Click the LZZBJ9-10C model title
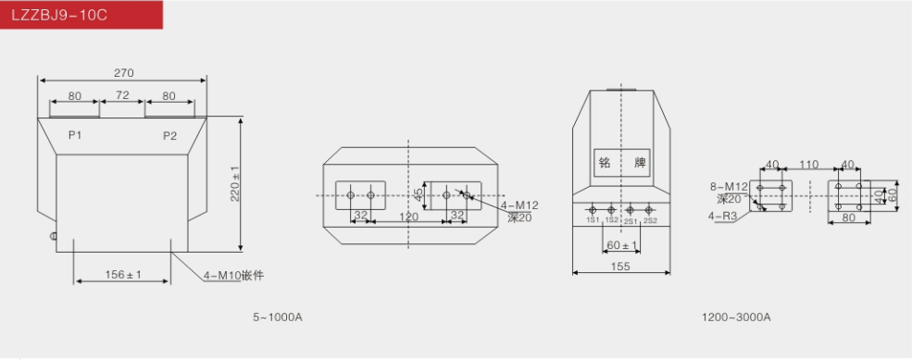59,15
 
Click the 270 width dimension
123,73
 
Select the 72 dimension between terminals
122,94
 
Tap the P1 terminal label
75,135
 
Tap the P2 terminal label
169,136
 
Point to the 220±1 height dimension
235,184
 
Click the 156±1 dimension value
123,274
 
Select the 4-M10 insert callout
233,275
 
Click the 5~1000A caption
278,317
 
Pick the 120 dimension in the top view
409,217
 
